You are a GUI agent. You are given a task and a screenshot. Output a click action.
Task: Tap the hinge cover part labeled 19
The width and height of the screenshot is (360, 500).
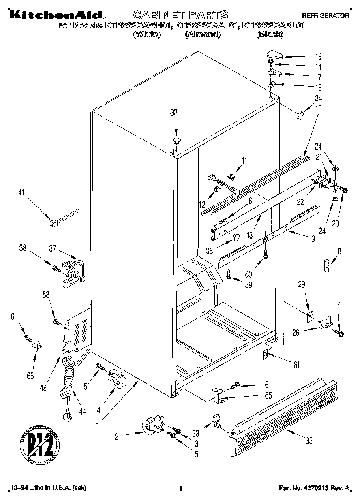point(275,54)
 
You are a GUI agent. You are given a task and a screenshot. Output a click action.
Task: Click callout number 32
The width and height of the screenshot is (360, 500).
point(174,113)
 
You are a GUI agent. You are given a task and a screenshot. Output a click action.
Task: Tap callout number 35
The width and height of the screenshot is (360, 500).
point(309,442)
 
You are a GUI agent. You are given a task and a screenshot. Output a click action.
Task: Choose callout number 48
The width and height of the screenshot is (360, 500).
point(43,387)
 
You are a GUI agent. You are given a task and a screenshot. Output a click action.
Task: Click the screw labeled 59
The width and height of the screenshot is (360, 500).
point(229,276)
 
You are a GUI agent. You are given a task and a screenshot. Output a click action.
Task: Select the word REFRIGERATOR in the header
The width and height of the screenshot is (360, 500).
point(326,16)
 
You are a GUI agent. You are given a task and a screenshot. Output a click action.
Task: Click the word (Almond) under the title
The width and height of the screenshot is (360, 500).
point(202,35)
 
